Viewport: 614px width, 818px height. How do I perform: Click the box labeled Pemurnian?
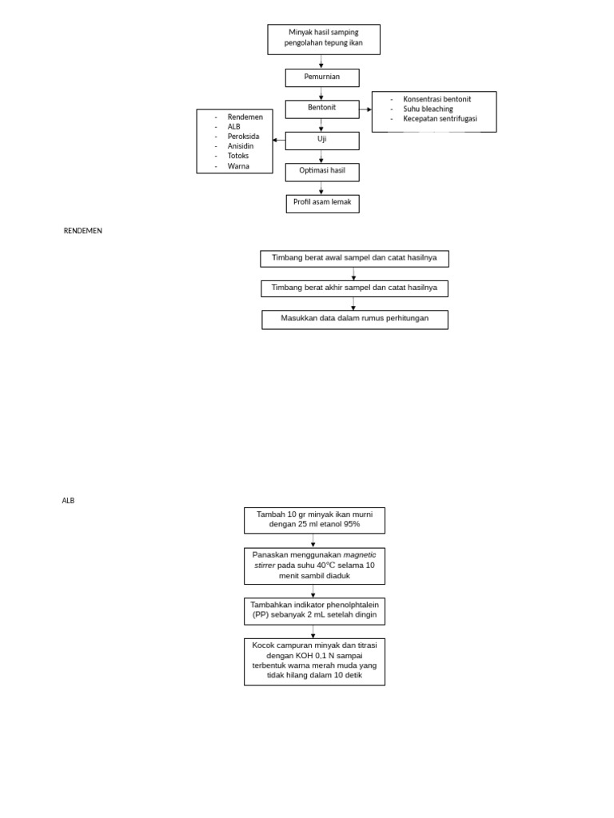pos(322,77)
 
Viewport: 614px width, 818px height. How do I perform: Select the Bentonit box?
pos(322,109)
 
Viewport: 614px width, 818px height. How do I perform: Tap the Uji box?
pos(322,141)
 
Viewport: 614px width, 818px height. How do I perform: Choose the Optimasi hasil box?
pos(322,172)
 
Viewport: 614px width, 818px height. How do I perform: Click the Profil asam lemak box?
pos(322,203)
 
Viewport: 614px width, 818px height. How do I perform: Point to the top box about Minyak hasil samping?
pos(323,38)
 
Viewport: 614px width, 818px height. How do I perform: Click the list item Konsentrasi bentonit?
pos(437,99)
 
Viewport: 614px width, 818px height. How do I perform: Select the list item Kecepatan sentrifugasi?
pos(440,118)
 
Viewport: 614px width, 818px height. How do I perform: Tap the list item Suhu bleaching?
pos(428,109)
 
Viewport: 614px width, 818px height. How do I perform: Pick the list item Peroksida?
pos(244,136)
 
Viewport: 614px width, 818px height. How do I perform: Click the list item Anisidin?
pos(241,146)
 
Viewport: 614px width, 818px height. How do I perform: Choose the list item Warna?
pos(238,166)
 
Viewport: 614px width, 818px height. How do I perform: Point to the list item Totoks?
pos(238,156)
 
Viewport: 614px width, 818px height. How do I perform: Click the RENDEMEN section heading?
pos(83,231)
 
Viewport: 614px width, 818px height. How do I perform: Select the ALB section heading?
pos(68,501)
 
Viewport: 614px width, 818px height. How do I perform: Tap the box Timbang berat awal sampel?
pos(354,258)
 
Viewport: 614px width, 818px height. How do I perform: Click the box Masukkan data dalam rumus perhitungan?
pos(354,319)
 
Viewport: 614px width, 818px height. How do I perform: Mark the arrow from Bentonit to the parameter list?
pos(365,109)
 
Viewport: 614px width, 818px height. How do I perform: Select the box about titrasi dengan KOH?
pos(314,661)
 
